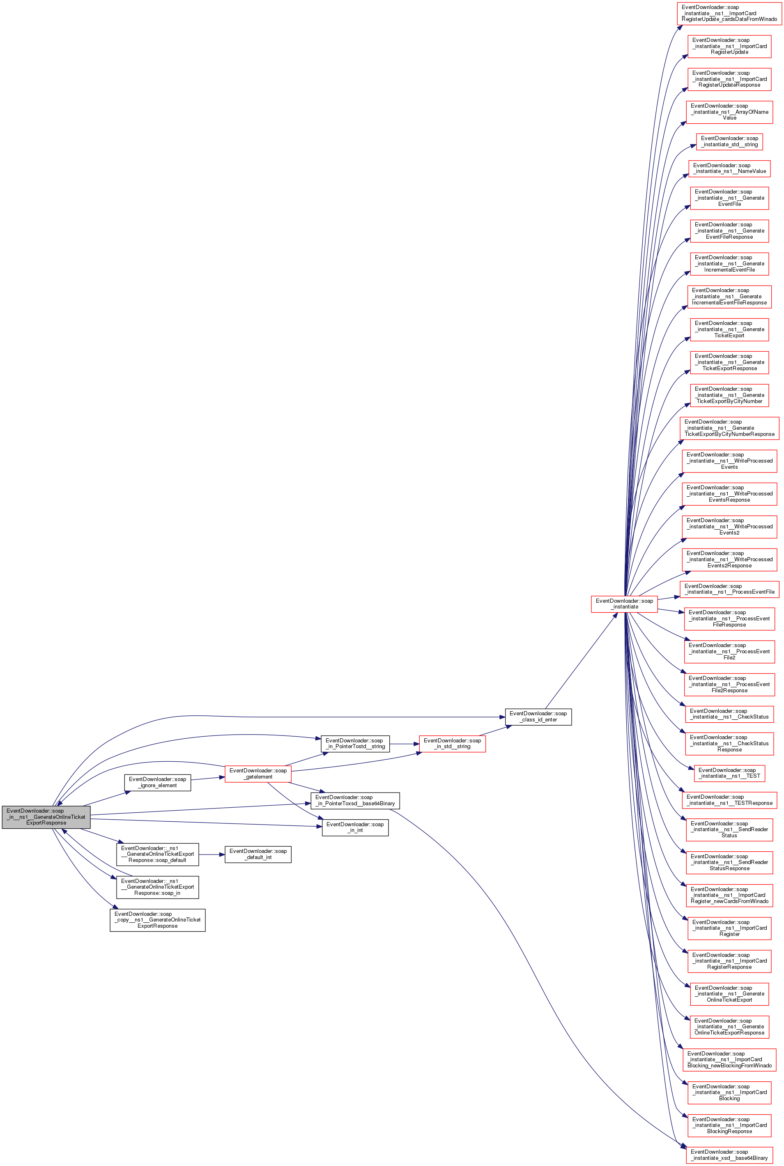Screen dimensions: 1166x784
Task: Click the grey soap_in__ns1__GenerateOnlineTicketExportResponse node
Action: (46, 817)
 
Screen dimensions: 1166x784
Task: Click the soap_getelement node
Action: (258, 773)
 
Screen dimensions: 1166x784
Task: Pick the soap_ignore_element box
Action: (158, 782)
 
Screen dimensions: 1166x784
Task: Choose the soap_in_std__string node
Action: (452, 743)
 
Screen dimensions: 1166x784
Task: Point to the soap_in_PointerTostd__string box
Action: (355, 743)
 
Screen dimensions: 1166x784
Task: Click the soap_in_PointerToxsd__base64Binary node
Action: (355, 800)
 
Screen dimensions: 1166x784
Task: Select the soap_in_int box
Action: (355, 827)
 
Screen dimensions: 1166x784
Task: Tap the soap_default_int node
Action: (258, 854)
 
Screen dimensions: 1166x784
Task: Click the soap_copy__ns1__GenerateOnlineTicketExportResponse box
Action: (158, 920)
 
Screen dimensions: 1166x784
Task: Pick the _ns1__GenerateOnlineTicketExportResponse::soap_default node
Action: (158, 854)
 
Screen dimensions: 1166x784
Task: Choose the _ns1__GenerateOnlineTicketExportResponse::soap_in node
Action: (158, 887)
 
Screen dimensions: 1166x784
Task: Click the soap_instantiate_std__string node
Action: (729, 142)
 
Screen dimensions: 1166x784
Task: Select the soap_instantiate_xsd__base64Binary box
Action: (729, 1155)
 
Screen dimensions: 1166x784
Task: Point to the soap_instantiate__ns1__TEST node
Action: (729, 773)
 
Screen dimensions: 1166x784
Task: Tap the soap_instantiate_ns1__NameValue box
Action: (729, 168)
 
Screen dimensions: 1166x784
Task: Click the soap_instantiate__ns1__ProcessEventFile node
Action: (729, 589)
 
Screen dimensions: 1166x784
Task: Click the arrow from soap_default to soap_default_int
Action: (212, 854)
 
